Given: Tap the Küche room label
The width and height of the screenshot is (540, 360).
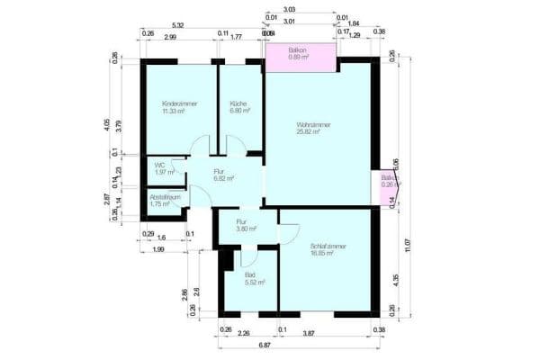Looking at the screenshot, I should [x=238, y=104].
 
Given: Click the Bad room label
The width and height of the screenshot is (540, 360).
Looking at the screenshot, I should [x=249, y=275].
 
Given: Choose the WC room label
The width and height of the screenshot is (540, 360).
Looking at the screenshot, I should [x=159, y=165].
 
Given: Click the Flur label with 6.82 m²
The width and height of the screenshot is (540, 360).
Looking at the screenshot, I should [x=219, y=171].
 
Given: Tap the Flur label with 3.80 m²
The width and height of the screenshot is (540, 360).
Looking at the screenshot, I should [x=241, y=221].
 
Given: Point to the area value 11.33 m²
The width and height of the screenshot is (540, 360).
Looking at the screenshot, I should [x=174, y=112].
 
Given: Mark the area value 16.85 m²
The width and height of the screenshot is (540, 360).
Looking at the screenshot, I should [x=322, y=253].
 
